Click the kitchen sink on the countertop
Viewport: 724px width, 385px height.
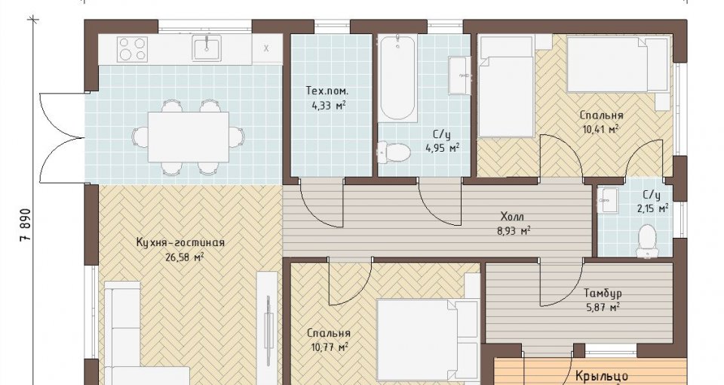207,48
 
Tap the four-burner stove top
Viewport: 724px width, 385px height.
133,49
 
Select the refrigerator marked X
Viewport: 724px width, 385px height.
267,48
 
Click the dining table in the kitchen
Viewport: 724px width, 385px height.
189,137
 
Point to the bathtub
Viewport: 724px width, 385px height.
397,78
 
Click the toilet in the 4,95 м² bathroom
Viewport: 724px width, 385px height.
394,152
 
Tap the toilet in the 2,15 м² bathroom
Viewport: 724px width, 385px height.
647,240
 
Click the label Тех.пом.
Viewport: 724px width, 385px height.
327,91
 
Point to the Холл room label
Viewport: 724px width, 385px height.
513,217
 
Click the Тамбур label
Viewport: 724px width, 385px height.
603,293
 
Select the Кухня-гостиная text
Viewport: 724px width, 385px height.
180,242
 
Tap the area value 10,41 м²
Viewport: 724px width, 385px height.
600,129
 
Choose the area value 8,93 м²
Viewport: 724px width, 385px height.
514,231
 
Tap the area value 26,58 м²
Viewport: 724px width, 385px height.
184,257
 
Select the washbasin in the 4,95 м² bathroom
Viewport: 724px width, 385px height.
459,75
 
